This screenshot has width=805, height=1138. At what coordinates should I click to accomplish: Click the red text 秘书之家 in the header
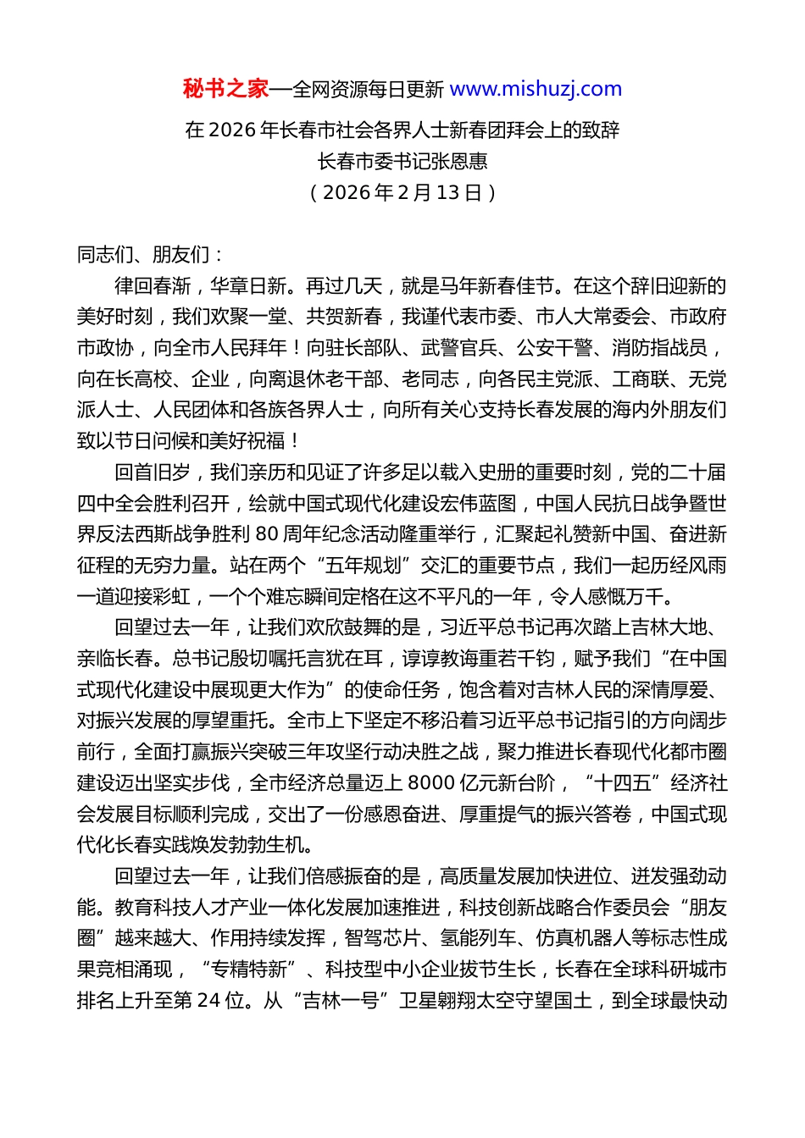point(225,89)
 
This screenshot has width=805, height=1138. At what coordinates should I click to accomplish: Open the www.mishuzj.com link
point(536,89)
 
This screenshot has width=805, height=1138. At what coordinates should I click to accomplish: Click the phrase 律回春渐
point(153,285)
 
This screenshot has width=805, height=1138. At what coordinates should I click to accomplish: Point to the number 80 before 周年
point(266,534)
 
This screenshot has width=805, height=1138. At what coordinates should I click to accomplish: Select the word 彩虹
point(172,596)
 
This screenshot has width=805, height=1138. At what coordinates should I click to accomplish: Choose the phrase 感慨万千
point(625,596)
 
